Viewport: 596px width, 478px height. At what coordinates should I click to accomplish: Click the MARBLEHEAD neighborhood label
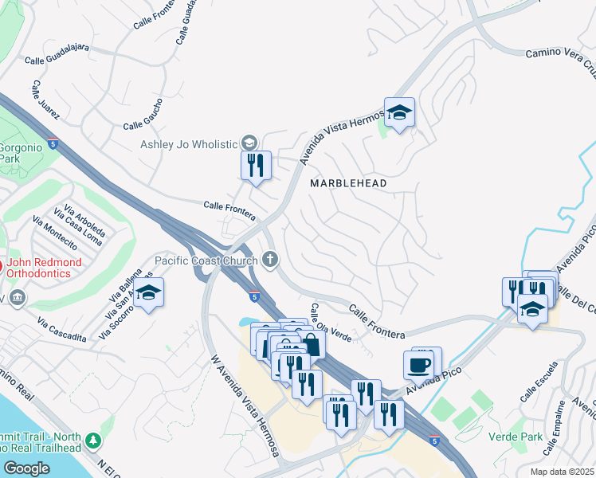point(348,183)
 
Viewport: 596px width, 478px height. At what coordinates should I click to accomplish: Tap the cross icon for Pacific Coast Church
point(271,260)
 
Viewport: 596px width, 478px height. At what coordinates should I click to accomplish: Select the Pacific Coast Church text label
point(206,261)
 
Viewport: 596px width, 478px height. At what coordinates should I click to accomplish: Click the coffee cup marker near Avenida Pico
point(419,366)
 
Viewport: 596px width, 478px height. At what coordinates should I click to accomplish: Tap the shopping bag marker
point(312,346)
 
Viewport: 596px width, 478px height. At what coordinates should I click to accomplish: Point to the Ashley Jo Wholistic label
point(190,143)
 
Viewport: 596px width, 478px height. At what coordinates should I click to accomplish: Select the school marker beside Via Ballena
point(149,292)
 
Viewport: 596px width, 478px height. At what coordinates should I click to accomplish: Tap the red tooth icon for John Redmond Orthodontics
point(1,266)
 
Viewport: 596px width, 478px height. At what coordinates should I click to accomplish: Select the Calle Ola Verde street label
point(331,323)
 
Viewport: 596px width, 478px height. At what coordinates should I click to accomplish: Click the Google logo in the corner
point(26,468)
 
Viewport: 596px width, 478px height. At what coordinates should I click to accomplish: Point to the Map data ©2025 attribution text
point(561,472)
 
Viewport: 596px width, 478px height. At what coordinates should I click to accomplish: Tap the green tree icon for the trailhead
point(93,440)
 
